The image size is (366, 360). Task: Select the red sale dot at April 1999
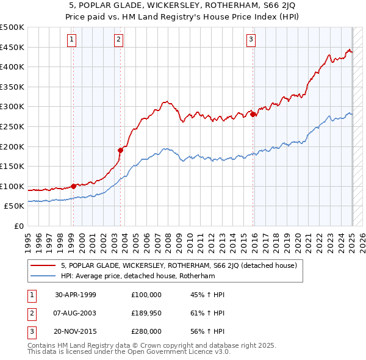tap(73, 185)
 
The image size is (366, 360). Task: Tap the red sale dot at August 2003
tap(120, 149)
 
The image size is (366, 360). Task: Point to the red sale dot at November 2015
tap(253, 114)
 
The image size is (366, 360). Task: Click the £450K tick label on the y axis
tap(12, 47)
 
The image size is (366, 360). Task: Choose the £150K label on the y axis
tap(12, 166)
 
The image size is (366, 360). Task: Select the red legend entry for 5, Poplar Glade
tap(179, 265)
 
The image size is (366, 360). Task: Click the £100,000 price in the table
tap(146, 295)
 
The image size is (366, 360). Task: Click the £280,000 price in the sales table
tap(146, 331)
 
